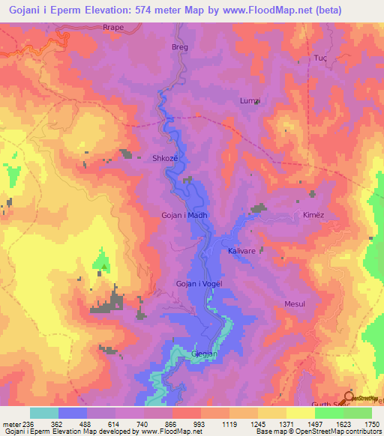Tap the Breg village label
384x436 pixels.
[x=180, y=46]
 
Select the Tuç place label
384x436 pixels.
[x=320, y=58]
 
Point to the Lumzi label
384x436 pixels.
[x=249, y=101]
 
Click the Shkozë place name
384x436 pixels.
[x=165, y=158]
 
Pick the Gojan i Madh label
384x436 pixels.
[x=184, y=215]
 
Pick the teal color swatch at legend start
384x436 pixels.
[x=44, y=413]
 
